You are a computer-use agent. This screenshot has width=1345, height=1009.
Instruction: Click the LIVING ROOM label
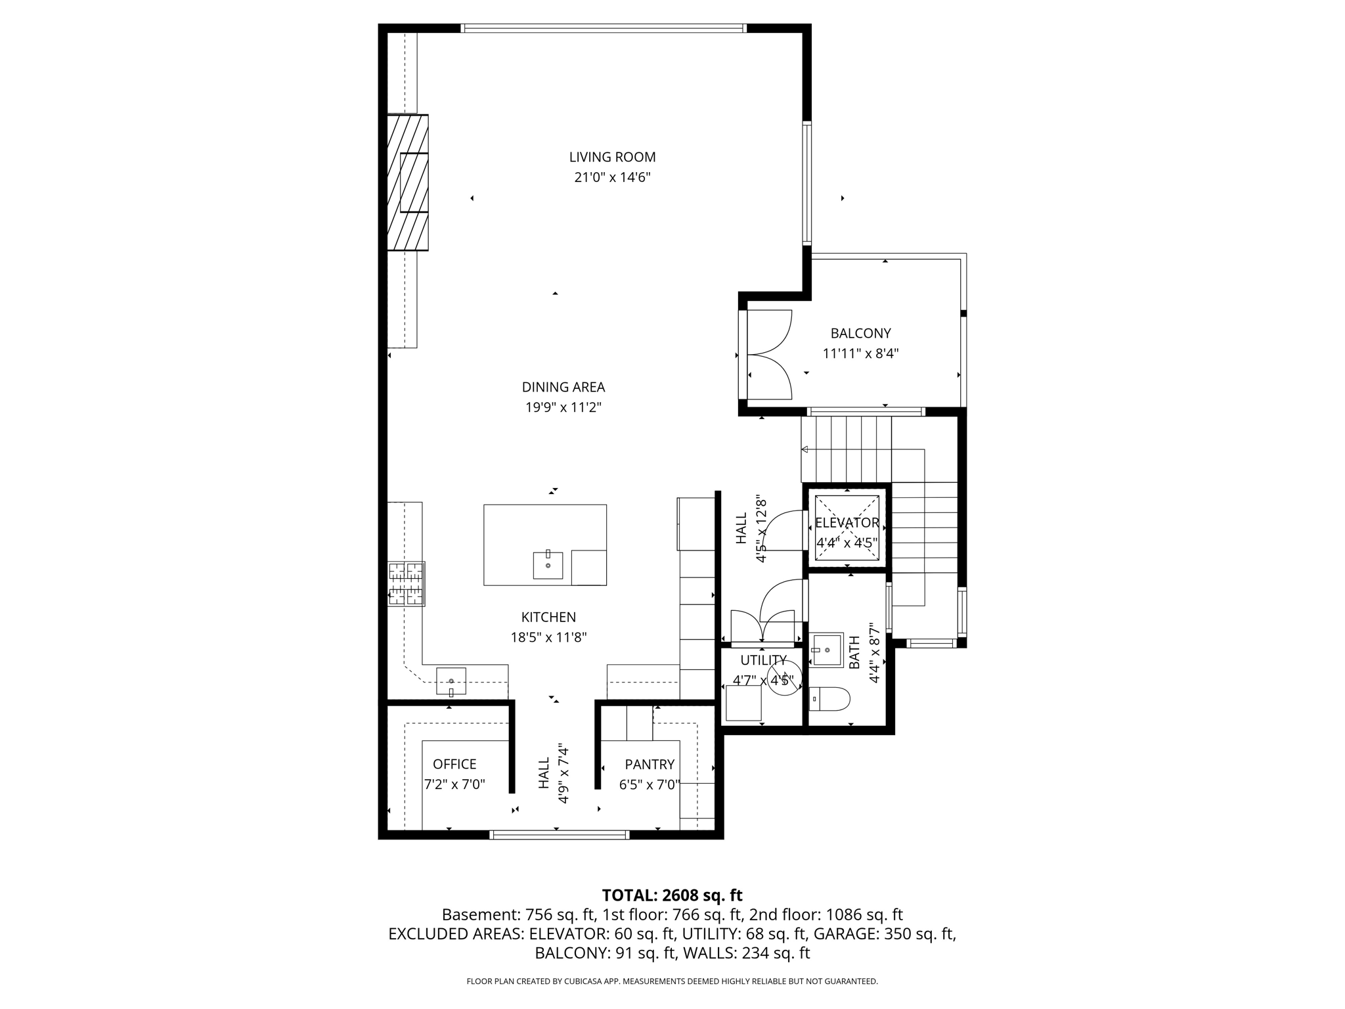tap(612, 157)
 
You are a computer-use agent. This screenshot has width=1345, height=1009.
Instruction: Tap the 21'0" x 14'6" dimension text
tap(612, 177)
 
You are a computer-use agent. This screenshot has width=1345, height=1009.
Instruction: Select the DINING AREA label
tap(563, 387)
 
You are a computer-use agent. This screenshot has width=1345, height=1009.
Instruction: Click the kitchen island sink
tap(548, 565)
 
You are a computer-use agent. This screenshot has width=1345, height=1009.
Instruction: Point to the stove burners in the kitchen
tap(406, 583)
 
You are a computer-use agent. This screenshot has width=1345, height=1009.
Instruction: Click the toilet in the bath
tap(829, 698)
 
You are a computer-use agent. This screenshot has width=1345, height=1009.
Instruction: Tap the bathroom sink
tap(827, 650)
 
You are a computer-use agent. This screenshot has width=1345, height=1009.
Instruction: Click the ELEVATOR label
tap(847, 523)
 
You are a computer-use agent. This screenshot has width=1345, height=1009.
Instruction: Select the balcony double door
tap(770, 355)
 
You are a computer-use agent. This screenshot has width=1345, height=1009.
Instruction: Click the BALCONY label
tap(860, 333)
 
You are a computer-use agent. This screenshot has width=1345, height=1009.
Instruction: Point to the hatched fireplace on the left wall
tap(408, 183)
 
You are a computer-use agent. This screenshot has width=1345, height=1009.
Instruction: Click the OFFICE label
tap(454, 764)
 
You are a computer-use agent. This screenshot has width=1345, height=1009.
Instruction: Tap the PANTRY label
tap(650, 764)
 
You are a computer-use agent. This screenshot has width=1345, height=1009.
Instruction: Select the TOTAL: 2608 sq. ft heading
tap(672, 895)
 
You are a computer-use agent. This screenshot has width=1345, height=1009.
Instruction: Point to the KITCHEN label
tap(548, 617)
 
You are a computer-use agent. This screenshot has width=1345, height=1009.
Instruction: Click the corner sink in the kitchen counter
tap(451, 681)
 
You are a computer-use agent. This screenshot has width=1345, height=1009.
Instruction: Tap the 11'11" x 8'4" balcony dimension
tap(860, 353)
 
